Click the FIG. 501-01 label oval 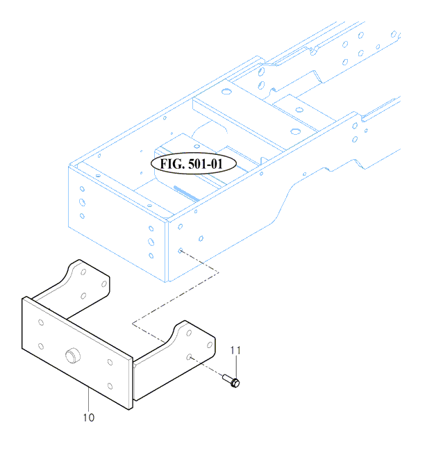[194, 163]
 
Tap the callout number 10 [89, 418]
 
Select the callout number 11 [235, 350]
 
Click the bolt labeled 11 [231, 381]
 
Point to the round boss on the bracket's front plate [73, 355]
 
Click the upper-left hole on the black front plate [41, 322]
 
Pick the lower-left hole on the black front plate [41, 346]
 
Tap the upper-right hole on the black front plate [110, 362]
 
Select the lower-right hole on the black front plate [110, 386]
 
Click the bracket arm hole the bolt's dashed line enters [190, 357]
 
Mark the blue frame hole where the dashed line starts [180, 251]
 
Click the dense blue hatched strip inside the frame [187, 194]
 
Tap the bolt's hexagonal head [235, 383]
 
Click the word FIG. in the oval [172, 164]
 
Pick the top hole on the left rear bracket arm [83, 272]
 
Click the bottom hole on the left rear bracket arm [83, 296]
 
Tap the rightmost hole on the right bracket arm [210, 345]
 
